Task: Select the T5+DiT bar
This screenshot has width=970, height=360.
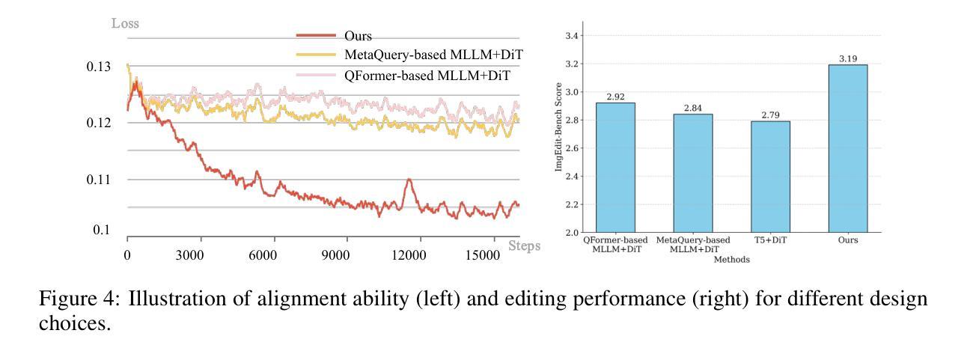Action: click(x=769, y=177)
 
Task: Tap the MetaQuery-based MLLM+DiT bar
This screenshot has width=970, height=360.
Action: click(x=692, y=173)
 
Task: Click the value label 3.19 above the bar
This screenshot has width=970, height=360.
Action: click(x=847, y=58)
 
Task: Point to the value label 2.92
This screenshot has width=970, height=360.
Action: click(x=614, y=97)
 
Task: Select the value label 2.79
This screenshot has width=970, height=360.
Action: click(x=769, y=115)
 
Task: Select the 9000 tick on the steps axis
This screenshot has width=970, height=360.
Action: click(x=335, y=254)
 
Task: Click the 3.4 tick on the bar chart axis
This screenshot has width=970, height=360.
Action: click(x=571, y=35)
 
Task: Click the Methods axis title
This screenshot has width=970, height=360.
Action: click(x=731, y=259)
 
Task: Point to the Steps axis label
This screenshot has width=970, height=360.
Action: click(x=524, y=245)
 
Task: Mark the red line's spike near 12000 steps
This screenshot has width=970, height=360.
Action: click(x=409, y=180)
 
